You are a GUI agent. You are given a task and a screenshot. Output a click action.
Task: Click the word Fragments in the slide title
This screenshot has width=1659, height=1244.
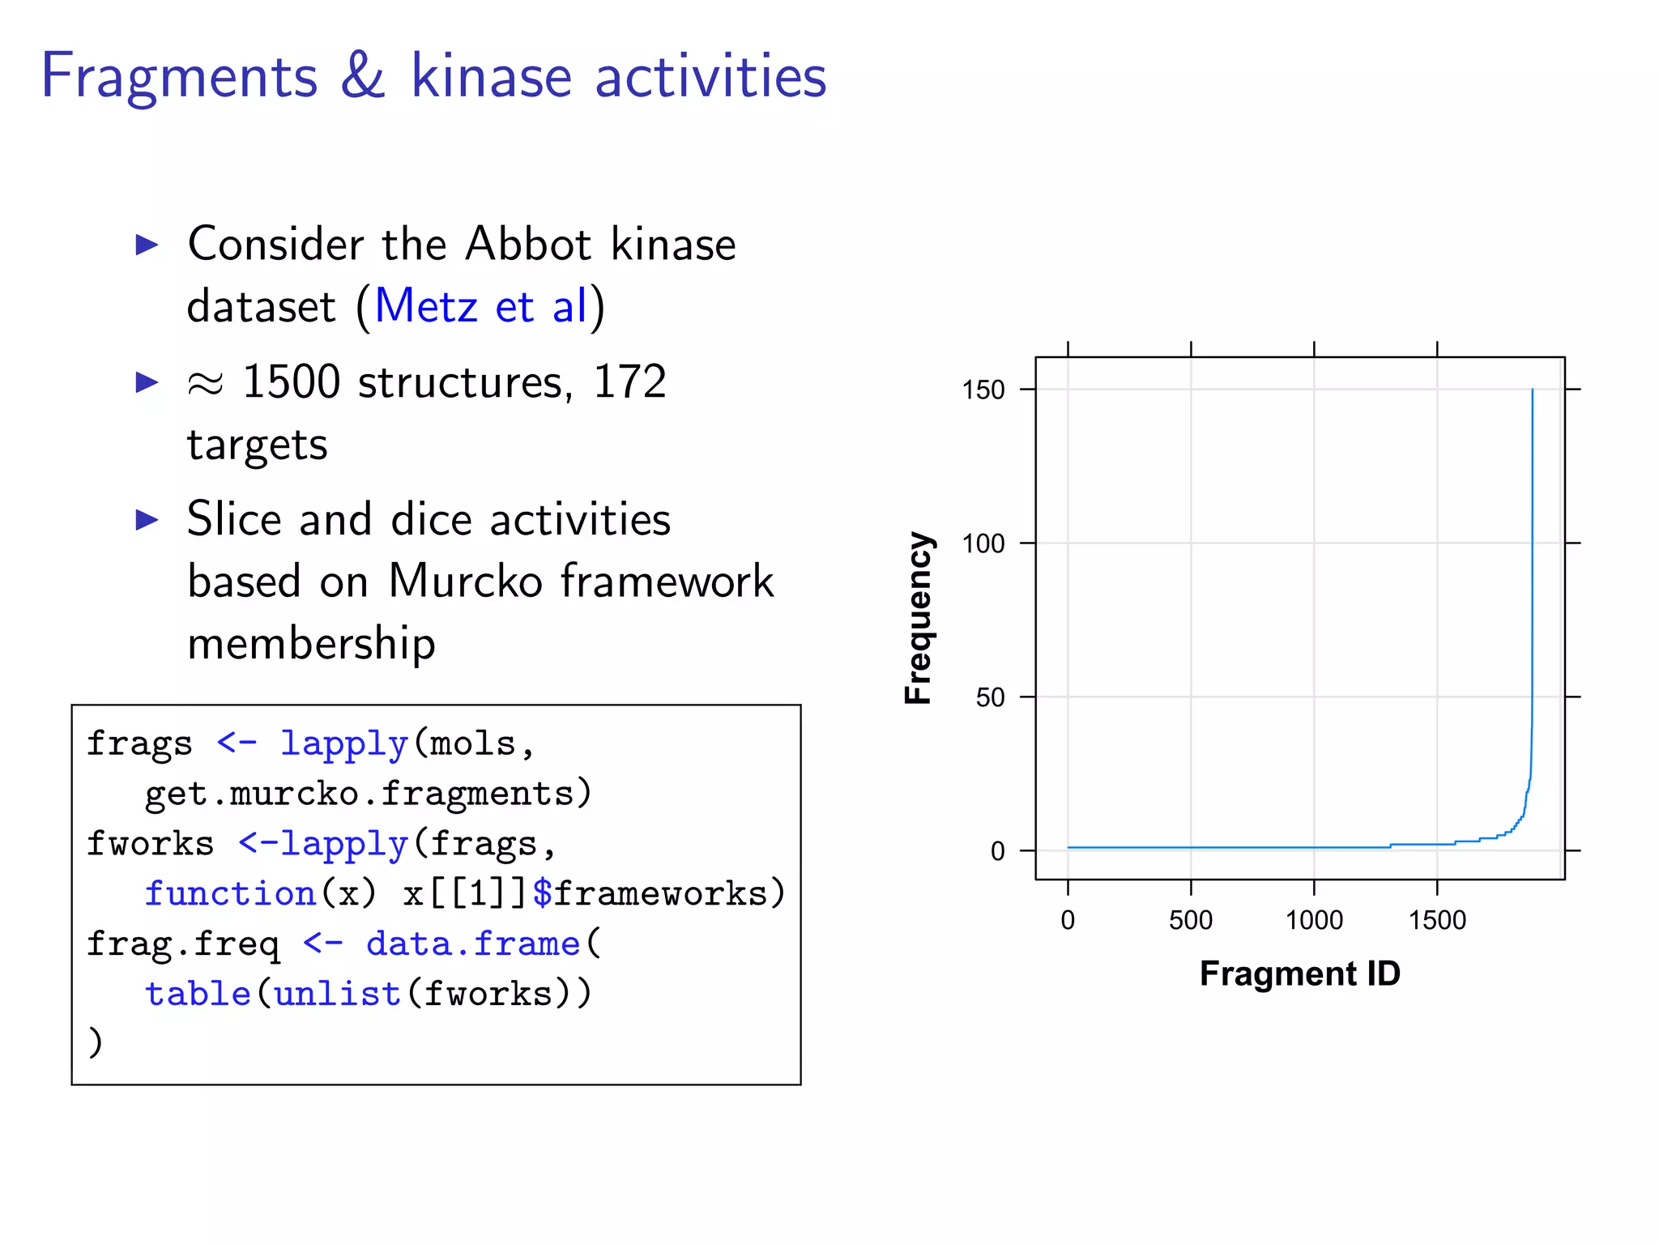pos(179,77)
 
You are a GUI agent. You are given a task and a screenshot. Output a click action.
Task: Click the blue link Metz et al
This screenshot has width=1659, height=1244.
pos(481,307)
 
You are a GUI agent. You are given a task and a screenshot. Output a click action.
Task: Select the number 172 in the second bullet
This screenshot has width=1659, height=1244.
pos(629,381)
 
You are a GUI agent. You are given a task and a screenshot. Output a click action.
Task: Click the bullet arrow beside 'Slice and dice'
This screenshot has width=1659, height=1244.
pos(147,520)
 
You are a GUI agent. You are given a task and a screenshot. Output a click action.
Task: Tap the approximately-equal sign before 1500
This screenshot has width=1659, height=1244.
pos(205,384)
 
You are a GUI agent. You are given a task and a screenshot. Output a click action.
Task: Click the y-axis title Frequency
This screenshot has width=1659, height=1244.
pos(919,618)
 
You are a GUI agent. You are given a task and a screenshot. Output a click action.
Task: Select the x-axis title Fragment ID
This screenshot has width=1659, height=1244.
pos(1299,973)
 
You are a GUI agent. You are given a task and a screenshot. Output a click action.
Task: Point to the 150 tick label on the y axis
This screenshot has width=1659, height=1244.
pos(983,390)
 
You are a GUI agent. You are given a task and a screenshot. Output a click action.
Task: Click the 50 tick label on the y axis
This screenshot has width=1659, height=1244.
pos(990,697)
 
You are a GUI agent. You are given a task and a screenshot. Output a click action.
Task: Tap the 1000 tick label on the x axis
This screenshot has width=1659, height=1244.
pos(1314,920)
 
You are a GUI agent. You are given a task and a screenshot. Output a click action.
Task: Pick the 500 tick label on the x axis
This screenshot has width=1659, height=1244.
pos(1191,920)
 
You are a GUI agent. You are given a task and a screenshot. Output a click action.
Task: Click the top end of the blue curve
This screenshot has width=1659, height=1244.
pos(1532,390)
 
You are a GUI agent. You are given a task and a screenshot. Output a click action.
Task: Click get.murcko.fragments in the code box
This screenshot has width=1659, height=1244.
pos(369,794)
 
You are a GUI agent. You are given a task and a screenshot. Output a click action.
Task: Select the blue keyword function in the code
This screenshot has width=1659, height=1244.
pos(230,894)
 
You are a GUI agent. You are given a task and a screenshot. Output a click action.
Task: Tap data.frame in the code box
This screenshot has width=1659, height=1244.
pos(473,944)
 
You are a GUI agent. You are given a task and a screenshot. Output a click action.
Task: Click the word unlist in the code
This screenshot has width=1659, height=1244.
pos(338,995)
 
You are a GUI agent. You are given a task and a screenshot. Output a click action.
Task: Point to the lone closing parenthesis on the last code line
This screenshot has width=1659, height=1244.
pos(96,1042)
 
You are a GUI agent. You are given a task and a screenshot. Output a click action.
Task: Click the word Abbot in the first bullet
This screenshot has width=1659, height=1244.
pos(528,244)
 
